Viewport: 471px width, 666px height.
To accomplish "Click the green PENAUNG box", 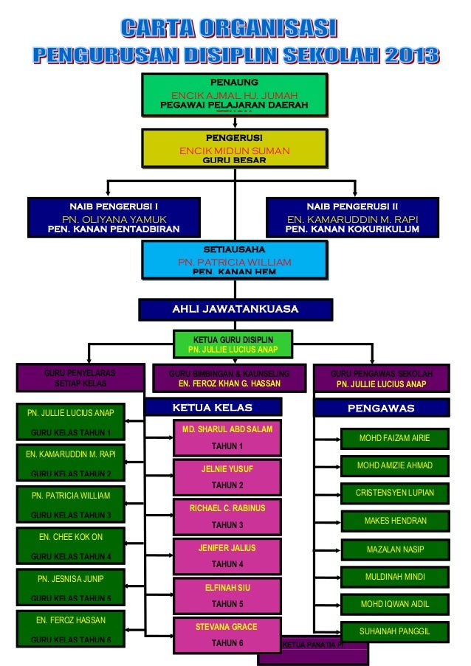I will tap(234, 95).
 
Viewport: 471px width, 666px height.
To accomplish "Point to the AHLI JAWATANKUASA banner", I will tap(235, 308).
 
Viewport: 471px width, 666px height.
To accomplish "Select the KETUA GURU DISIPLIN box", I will tap(233, 344).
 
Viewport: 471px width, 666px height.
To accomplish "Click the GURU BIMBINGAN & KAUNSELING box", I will tap(230, 379).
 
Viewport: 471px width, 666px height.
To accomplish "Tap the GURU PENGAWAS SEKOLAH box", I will tap(381, 379).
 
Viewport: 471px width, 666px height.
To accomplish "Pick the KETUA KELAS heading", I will tap(213, 408).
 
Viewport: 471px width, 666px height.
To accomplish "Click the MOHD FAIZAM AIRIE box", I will tap(394, 438).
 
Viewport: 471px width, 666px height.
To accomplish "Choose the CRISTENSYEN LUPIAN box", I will tap(394, 493).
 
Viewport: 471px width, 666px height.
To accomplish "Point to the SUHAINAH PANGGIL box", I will tap(394, 631).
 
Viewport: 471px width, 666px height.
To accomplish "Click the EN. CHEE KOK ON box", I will tap(71, 546).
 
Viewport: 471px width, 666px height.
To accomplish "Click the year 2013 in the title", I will tap(405, 55).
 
